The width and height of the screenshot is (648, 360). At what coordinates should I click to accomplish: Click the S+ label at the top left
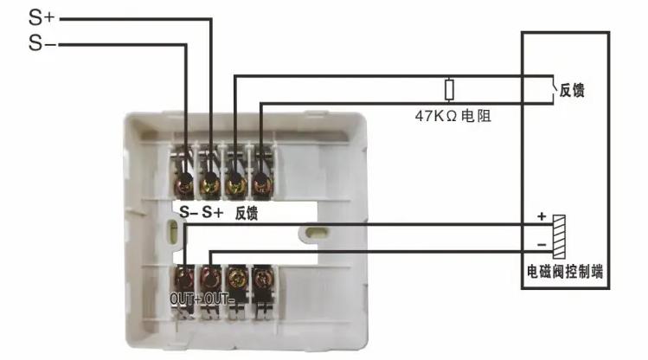tap(42, 17)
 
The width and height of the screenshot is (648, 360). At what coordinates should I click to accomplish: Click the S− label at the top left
tap(42, 43)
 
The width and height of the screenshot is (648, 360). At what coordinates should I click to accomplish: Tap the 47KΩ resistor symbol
tap(449, 90)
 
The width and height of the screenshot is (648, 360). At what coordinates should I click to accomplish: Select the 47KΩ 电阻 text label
tap(453, 116)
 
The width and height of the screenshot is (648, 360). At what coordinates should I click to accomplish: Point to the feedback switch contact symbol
tap(553, 89)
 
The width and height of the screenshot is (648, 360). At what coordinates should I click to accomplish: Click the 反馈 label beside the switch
tap(572, 90)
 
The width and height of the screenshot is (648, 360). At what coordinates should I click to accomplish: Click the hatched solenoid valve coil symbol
tap(559, 237)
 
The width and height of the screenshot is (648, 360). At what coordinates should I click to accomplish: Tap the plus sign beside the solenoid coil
tap(542, 216)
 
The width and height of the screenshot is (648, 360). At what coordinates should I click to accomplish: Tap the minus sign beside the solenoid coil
tap(542, 245)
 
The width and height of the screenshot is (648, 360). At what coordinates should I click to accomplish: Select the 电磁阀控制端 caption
tap(565, 272)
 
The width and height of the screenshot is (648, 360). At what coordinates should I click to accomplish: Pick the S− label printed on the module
tap(189, 212)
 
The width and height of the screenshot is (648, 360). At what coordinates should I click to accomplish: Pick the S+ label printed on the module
tap(213, 212)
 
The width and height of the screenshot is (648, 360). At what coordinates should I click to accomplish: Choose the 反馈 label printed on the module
tap(247, 213)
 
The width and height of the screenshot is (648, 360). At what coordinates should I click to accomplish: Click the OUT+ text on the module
tap(185, 299)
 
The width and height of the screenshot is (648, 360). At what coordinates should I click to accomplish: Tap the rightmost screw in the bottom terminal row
tap(262, 280)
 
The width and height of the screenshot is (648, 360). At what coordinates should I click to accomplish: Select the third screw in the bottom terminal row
tap(236, 280)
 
